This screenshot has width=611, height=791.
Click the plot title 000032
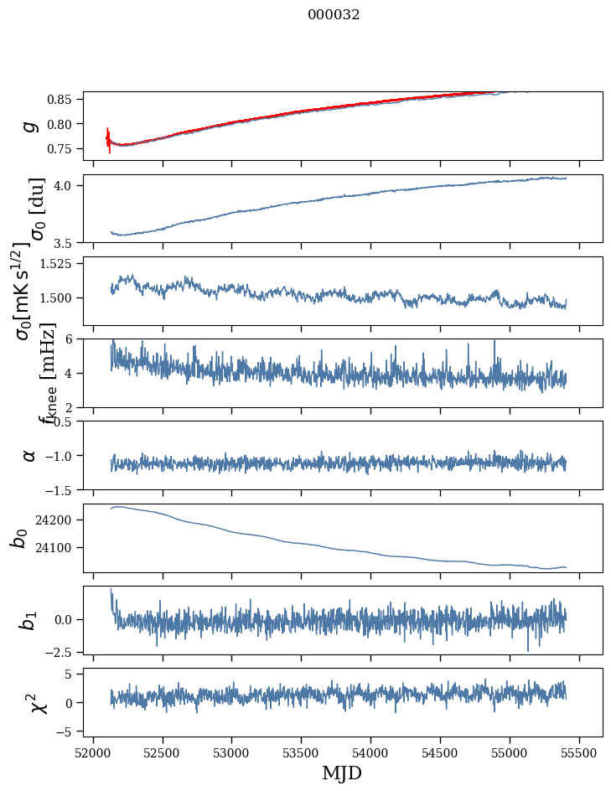(x=334, y=15)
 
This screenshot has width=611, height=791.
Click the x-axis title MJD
(x=342, y=773)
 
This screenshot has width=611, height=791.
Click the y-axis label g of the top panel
(x=29, y=126)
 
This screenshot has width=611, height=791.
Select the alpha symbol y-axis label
(x=29, y=455)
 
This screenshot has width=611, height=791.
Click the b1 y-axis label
(x=29, y=620)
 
